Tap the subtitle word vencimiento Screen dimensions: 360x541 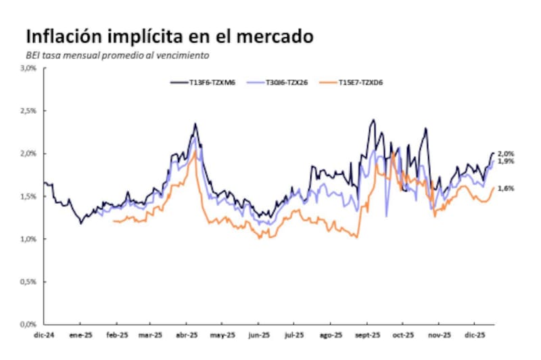click(x=180, y=55)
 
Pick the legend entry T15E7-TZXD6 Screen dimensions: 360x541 click(x=373, y=83)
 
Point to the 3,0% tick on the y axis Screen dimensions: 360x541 click(x=29, y=68)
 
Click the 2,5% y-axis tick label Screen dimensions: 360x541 click(x=29, y=111)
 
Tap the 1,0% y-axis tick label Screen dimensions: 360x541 click(x=29, y=239)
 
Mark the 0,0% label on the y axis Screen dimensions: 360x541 click(x=29, y=324)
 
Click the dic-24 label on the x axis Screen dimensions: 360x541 click(x=43, y=334)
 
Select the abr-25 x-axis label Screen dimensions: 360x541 click(x=187, y=334)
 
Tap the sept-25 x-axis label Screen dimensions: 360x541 click(x=367, y=334)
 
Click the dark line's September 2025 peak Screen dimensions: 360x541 click(x=373, y=120)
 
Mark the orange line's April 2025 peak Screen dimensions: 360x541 click(x=195, y=152)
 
